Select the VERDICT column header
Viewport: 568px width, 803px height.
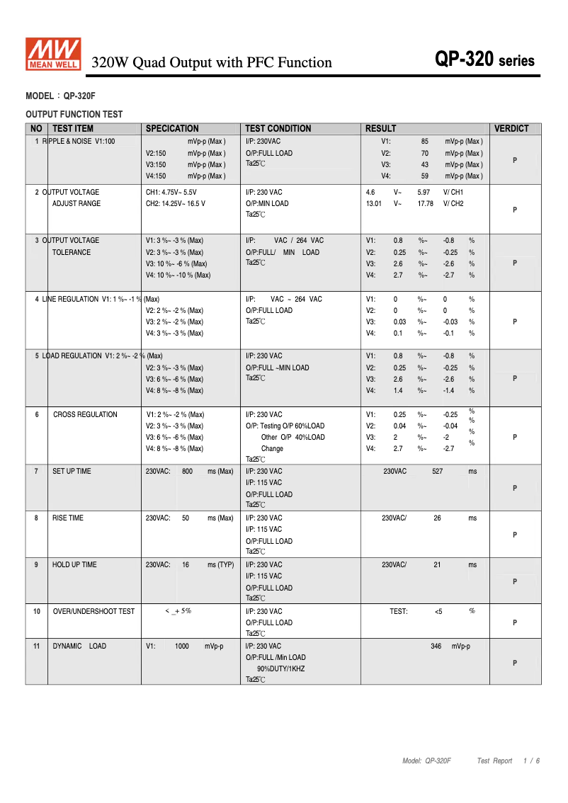point(511,129)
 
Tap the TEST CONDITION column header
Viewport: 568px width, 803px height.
point(278,129)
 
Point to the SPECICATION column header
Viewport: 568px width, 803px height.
point(172,129)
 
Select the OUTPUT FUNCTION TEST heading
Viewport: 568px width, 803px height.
point(74,114)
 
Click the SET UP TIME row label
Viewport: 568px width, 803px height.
point(72,472)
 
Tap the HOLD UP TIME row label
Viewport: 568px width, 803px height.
point(74,565)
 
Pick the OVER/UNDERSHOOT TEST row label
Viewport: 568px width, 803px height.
point(93,612)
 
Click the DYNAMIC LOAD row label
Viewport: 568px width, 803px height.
point(79,647)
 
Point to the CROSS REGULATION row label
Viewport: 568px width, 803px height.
point(85,415)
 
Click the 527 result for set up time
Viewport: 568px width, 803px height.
point(437,472)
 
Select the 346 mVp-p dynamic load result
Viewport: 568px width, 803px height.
point(450,647)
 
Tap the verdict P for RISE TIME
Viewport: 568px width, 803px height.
point(515,535)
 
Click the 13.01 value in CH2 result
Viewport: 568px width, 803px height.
point(373,204)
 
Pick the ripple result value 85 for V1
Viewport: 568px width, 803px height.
point(425,142)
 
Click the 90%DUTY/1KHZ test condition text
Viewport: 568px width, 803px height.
point(280,669)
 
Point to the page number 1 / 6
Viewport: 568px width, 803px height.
point(531,761)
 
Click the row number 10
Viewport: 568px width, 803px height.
point(36,612)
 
